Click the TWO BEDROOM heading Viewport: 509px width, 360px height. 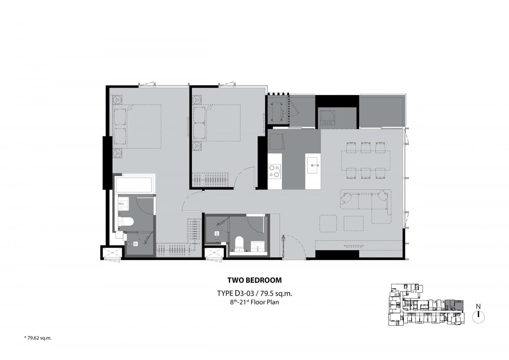pos(254,280)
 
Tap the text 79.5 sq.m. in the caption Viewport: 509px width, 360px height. pos(276,293)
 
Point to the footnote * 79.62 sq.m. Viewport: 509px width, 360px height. pos(38,338)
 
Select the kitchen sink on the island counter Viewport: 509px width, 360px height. pos(313,165)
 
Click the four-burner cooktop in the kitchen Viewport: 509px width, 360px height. pos(274,171)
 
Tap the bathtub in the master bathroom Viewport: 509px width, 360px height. pos(134,185)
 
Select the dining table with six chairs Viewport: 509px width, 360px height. pos(366,160)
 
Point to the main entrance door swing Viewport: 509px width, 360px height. pos(295,247)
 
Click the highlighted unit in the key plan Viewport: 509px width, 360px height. pos(454,305)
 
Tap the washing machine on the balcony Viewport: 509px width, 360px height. pos(327,117)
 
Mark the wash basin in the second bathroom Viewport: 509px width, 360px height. pos(257,246)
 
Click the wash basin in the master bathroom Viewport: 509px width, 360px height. pos(123,203)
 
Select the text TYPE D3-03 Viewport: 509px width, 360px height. pos(235,293)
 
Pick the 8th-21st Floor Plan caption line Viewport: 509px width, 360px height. pos(254,302)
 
